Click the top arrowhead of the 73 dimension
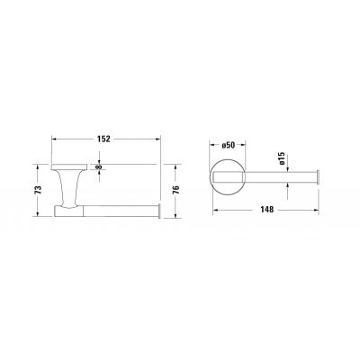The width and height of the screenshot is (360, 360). pyautogui.click(x=37, y=166)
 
